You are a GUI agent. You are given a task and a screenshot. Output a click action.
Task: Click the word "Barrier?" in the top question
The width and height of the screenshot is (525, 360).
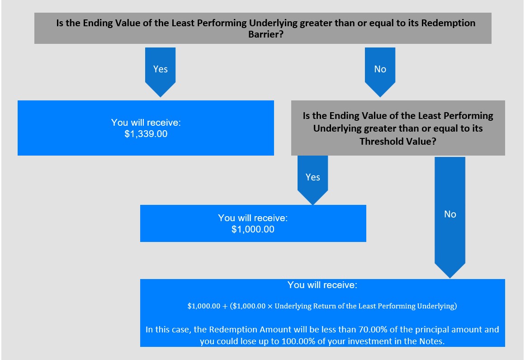(266, 34)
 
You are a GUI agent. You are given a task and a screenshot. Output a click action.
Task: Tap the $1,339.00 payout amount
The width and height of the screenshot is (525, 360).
(146, 134)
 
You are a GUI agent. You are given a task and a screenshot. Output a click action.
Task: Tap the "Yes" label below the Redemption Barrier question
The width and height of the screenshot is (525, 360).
(161, 69)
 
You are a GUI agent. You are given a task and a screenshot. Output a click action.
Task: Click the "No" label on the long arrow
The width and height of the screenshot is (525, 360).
(450, 214)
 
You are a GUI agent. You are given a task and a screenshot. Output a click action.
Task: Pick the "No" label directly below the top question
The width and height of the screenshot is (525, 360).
(380, 69)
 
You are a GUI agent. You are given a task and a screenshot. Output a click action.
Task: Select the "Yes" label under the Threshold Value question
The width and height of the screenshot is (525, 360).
(313, 177)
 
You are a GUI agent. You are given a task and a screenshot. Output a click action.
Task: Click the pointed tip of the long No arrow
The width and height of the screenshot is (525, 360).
(450, 278)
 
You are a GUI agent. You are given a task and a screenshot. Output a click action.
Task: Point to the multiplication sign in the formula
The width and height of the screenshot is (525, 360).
(270, 307)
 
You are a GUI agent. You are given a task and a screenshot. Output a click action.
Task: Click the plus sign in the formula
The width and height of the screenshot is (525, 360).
(225, 307)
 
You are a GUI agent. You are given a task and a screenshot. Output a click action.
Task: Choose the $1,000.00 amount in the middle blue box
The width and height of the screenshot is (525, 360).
(253, 229)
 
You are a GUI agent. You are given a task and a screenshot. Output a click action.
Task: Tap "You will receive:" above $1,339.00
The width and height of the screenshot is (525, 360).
(146, 123)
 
